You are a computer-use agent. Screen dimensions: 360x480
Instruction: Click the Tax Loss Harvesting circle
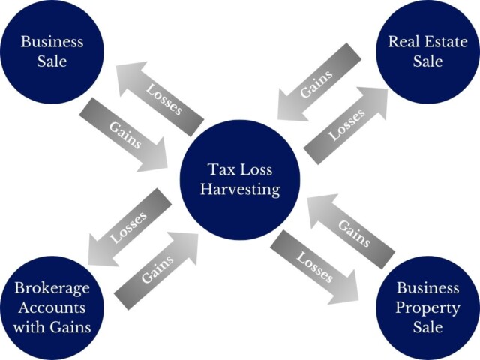[x=240, y=180]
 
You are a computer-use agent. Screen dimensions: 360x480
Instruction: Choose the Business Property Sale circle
[x=427, y=307]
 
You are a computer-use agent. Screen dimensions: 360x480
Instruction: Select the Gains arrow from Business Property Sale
[x=352, y=229]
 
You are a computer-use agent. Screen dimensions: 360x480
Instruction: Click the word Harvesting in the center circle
[x=240, y=190]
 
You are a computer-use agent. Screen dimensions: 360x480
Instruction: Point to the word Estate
[x=442, y=41]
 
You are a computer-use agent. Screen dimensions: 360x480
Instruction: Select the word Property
[x=427, y=307]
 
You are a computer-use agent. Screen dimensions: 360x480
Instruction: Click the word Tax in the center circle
[x=220, y=170]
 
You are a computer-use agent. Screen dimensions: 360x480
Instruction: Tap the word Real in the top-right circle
[x=403, y=41]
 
